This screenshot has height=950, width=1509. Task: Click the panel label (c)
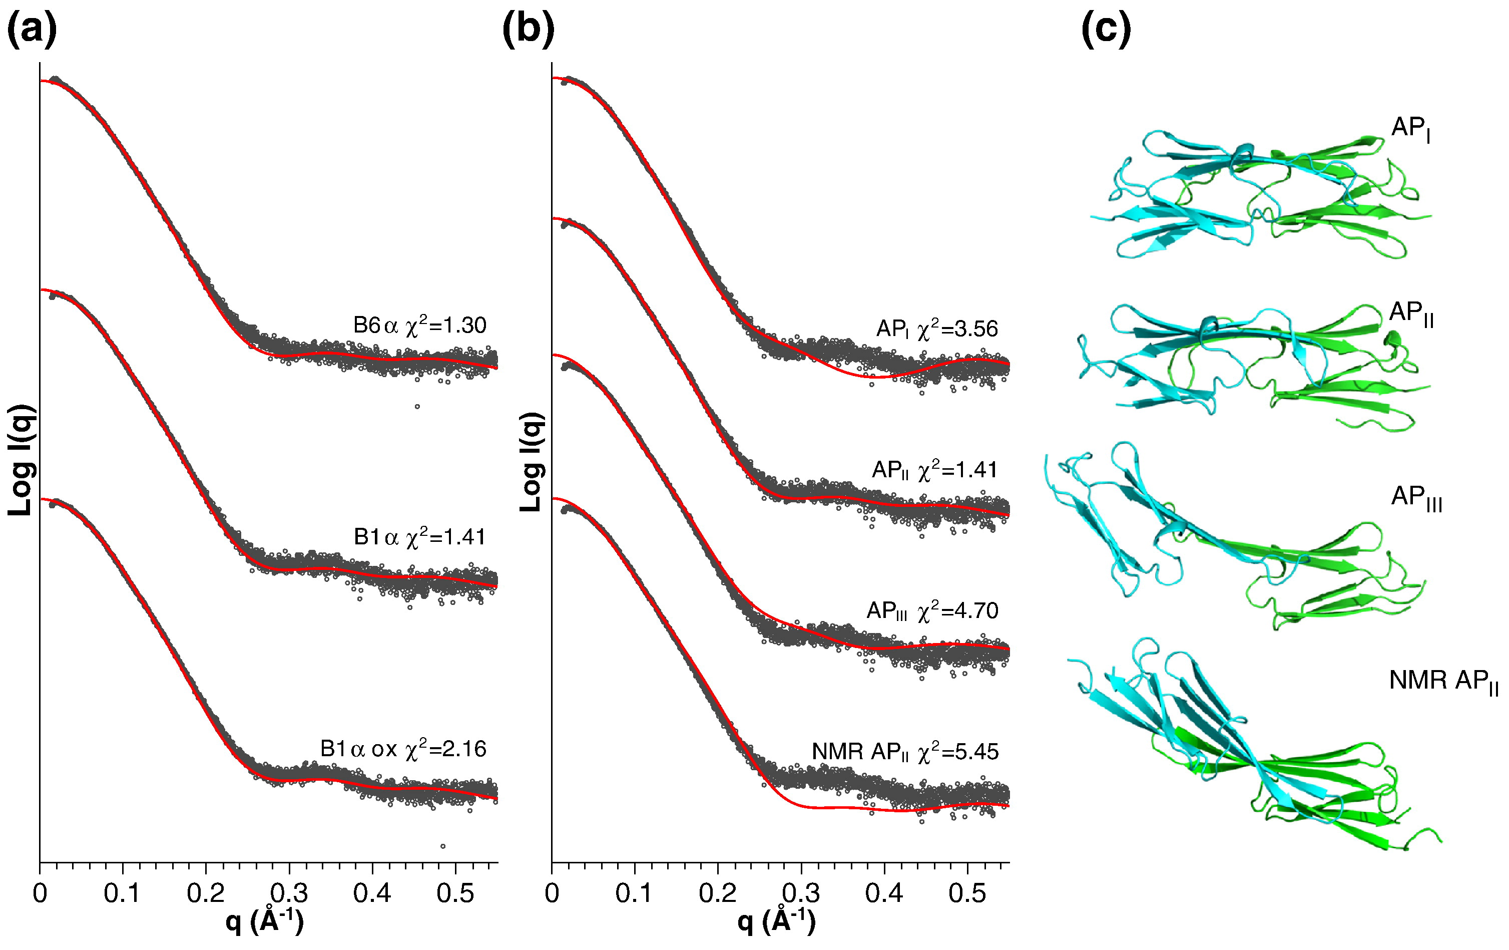pos(1106,30)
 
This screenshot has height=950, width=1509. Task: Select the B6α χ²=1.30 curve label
pos(419,326)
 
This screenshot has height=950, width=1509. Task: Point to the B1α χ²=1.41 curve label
pos(419,537)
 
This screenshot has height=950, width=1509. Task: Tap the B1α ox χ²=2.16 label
pos(403,749)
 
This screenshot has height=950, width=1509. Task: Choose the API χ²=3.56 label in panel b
pos(937,329)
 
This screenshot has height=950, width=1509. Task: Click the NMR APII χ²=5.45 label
pos(905,751)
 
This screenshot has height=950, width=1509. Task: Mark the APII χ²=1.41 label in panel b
pos(934,470)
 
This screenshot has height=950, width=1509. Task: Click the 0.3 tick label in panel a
pos(289,893)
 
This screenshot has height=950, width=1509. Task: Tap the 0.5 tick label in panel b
pos(967,893)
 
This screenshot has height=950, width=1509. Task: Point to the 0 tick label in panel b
pos(552,893)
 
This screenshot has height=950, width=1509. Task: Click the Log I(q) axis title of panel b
pos(532,461)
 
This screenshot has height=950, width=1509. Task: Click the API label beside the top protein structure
pos(1410,129)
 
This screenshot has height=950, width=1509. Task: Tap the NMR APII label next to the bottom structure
pos(1443,681)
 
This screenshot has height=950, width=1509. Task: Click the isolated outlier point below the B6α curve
pos(417,406)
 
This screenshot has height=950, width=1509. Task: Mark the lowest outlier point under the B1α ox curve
pos(443,846)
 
